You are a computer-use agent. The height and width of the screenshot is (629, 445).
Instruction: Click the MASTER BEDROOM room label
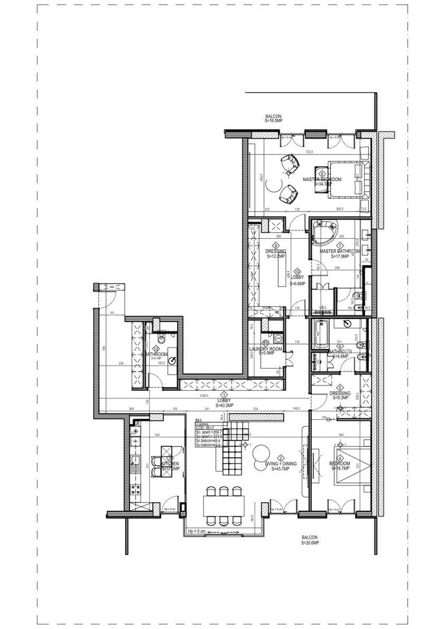322,179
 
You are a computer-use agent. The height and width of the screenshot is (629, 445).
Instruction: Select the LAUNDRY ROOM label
266,349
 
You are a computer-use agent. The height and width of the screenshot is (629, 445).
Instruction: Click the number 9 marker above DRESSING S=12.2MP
275,245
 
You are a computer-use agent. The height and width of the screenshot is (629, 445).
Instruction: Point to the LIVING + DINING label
280,464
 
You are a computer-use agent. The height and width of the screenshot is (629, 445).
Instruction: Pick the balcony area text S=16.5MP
273,121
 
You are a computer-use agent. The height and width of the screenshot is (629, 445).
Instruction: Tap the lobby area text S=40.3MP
225,405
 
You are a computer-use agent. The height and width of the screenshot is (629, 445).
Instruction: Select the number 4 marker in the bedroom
339,458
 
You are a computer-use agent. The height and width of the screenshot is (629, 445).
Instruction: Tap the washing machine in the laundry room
278,337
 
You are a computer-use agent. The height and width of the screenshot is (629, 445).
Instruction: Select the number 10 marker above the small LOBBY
298,271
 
